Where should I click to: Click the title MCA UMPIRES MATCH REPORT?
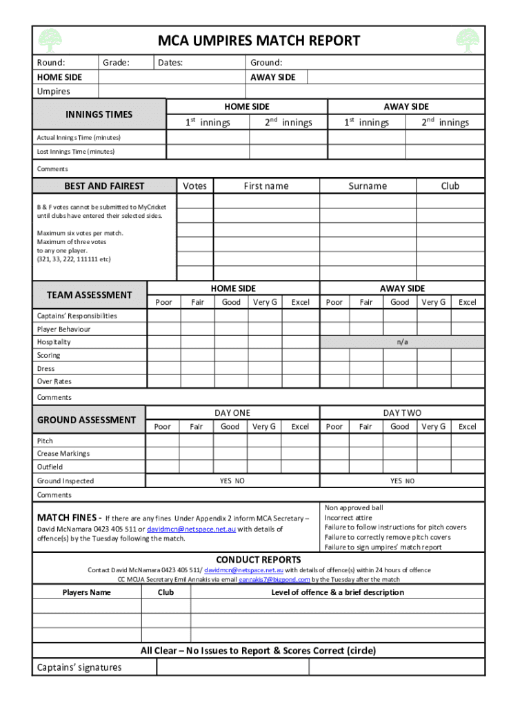click(259, 41)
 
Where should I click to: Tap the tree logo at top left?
click(52, 41)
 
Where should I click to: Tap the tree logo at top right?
click(467, 41)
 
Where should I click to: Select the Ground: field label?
click(266, 63)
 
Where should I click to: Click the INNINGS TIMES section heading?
click(99, 114)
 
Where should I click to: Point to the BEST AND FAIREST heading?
click(104, 185)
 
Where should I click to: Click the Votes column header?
click(194, 186)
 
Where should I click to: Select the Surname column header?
click(368, 186)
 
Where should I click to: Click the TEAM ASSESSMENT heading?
click(89, 295)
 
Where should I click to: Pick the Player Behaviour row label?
click(63, 329)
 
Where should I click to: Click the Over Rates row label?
click(54, 381)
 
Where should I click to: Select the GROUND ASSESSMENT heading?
click(86, 420)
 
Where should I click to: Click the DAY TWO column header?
click(402, 413)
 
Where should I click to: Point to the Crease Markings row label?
click(63, 454)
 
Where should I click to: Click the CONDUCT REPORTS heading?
click(259, 560)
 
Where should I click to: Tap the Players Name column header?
click(86, 592)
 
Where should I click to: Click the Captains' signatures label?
click(79, 667)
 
